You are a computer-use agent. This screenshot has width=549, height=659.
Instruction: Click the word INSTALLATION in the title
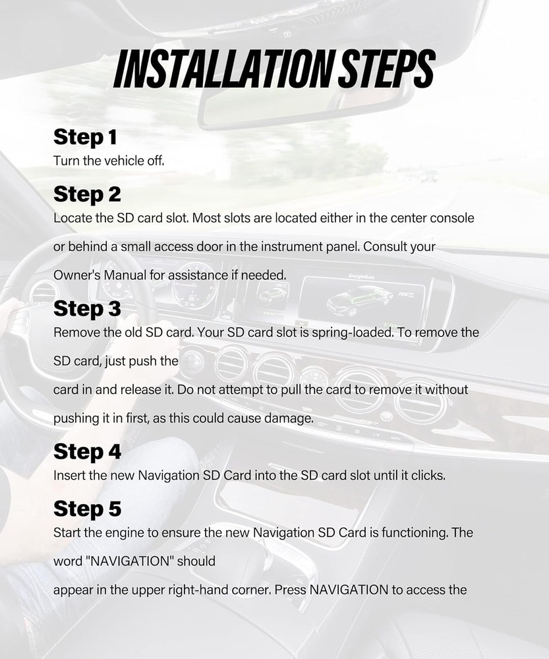point(225,69)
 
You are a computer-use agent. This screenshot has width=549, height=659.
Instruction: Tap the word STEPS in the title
point(388,69)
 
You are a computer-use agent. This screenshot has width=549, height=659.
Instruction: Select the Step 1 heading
point(85,138)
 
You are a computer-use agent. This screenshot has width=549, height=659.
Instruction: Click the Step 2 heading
point(87,194)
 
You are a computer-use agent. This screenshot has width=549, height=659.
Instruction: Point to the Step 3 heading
point(87,309)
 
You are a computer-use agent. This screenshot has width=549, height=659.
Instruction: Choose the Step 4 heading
point(87,452)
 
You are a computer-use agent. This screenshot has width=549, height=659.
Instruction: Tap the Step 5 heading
point(87,509)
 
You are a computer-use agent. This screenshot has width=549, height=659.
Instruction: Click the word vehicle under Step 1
point(124,161)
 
